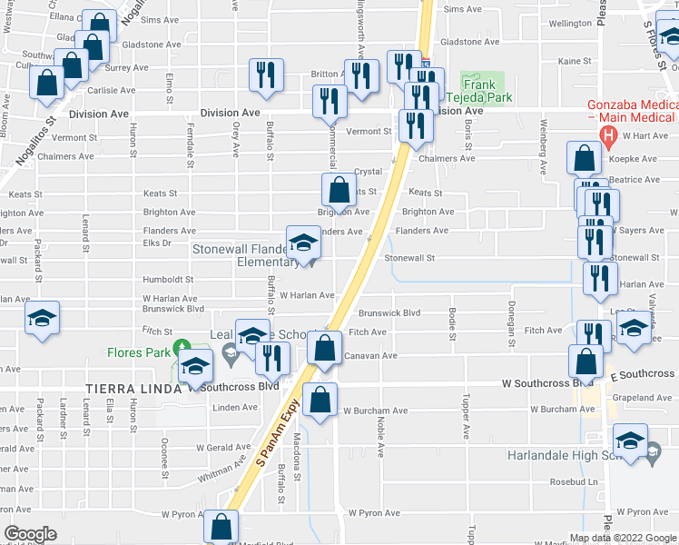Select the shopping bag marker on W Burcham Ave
(320, 400)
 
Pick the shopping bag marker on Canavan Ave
(324, 349)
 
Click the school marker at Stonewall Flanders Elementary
(303, 243)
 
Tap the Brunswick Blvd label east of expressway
(389, 312)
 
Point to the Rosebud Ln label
(581, 481)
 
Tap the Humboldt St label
(167, 280)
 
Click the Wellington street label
(570, 23)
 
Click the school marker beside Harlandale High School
(631, 441)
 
